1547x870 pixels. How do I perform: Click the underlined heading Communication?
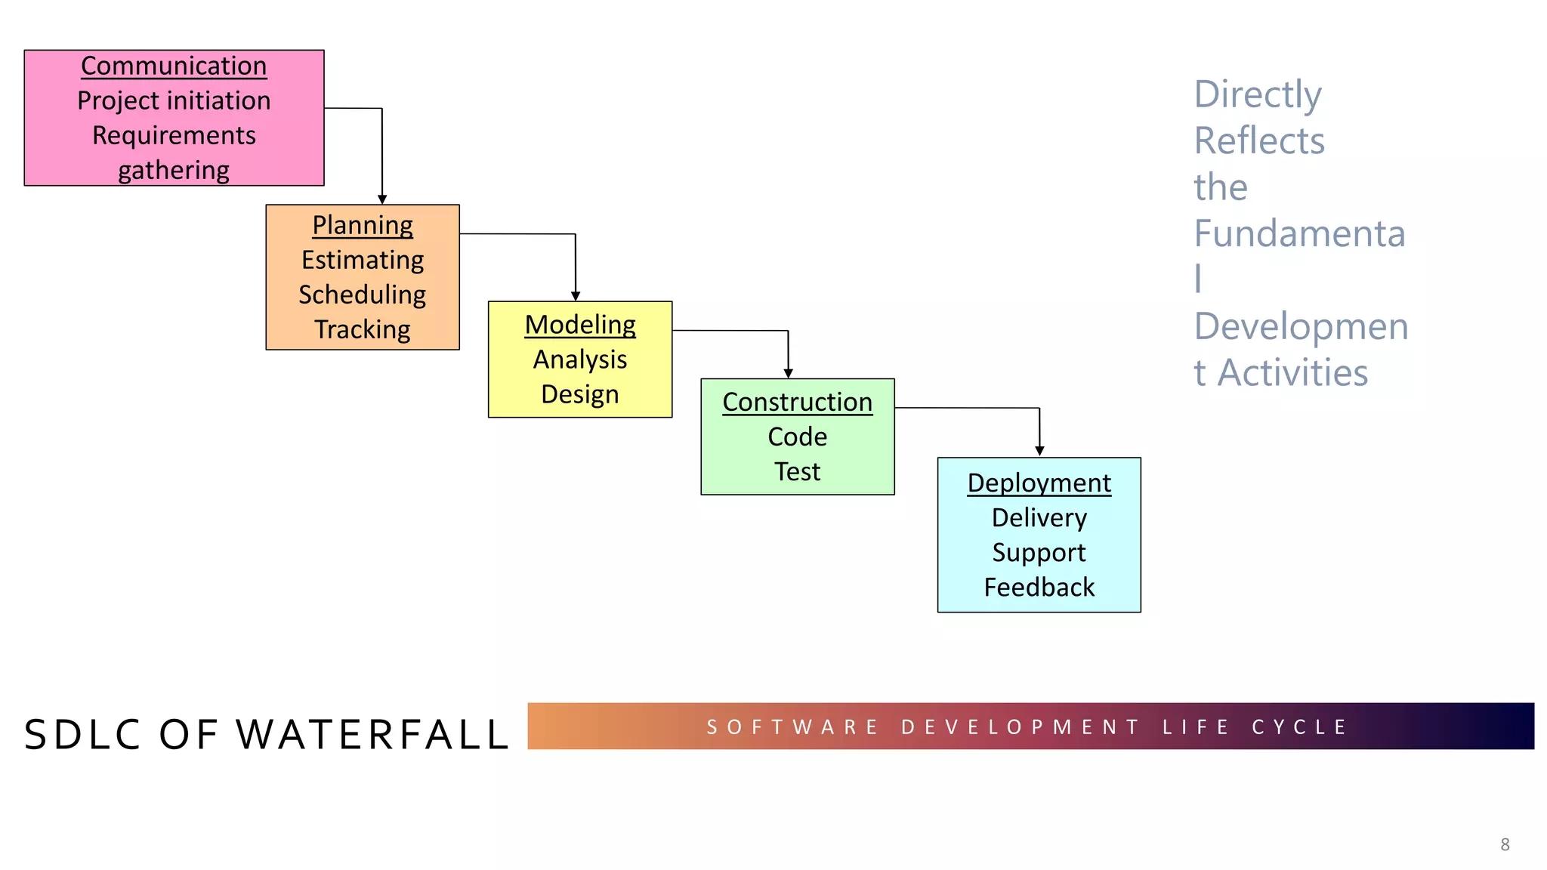click(x=174, y=66)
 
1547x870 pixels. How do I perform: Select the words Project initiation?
click(x=174, y=101)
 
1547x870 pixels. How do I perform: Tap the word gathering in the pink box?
click(x=174, y=171)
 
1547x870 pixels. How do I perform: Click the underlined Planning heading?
click(x=363, y=226)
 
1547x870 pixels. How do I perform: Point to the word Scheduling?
click(x=363, y=295)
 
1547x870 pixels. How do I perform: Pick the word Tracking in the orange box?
click(x=363, y=330)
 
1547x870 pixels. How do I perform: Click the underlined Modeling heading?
click(x=580, y=325)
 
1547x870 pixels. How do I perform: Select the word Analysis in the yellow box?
click(x=580, y=360)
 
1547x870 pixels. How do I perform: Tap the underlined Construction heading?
click(x=797, y=403)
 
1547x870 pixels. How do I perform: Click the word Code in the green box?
click(x=797, y=437)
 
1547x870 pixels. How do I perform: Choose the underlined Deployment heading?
click(x=1039, y=483)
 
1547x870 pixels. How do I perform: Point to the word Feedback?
click(x=1039, y=588)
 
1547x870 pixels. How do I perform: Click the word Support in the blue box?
click(x=1039, y=553)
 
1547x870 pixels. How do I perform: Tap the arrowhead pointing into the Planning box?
click(x=382, y=199)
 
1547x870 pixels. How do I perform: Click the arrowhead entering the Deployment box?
click(x=1039, y=451)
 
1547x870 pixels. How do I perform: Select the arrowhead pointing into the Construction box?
click(x=788, y=373)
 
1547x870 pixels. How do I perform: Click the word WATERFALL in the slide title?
click(x=373, y=735)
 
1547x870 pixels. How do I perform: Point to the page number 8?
click(x=1505, y=845)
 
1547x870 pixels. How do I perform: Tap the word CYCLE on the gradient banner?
click(x=1299, y=727)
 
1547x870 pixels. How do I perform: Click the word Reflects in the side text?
click(x=1259, y=141)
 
